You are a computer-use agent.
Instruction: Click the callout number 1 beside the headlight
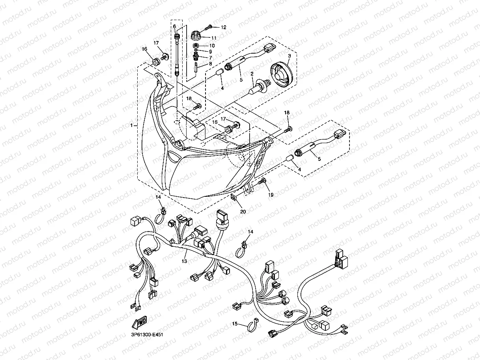pos(131,125)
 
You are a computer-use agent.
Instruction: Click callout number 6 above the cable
pos(174,26)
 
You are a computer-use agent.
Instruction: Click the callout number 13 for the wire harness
pos(184,261)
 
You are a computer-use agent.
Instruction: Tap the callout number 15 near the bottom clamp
pos(234,324)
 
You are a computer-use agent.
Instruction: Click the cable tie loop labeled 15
pos(251,325)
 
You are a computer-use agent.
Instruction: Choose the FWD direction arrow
pos(140,323)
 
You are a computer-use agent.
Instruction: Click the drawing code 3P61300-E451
pos(145,335)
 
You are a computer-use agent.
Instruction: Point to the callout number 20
pos(243,211)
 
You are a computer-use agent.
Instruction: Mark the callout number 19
pos(271,195)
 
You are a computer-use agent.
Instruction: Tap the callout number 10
pos(212,45)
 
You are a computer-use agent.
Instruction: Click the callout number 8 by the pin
pos(210,63)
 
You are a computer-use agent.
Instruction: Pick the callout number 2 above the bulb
pos(251,74)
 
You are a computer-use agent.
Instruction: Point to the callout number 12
pos(223,28)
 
